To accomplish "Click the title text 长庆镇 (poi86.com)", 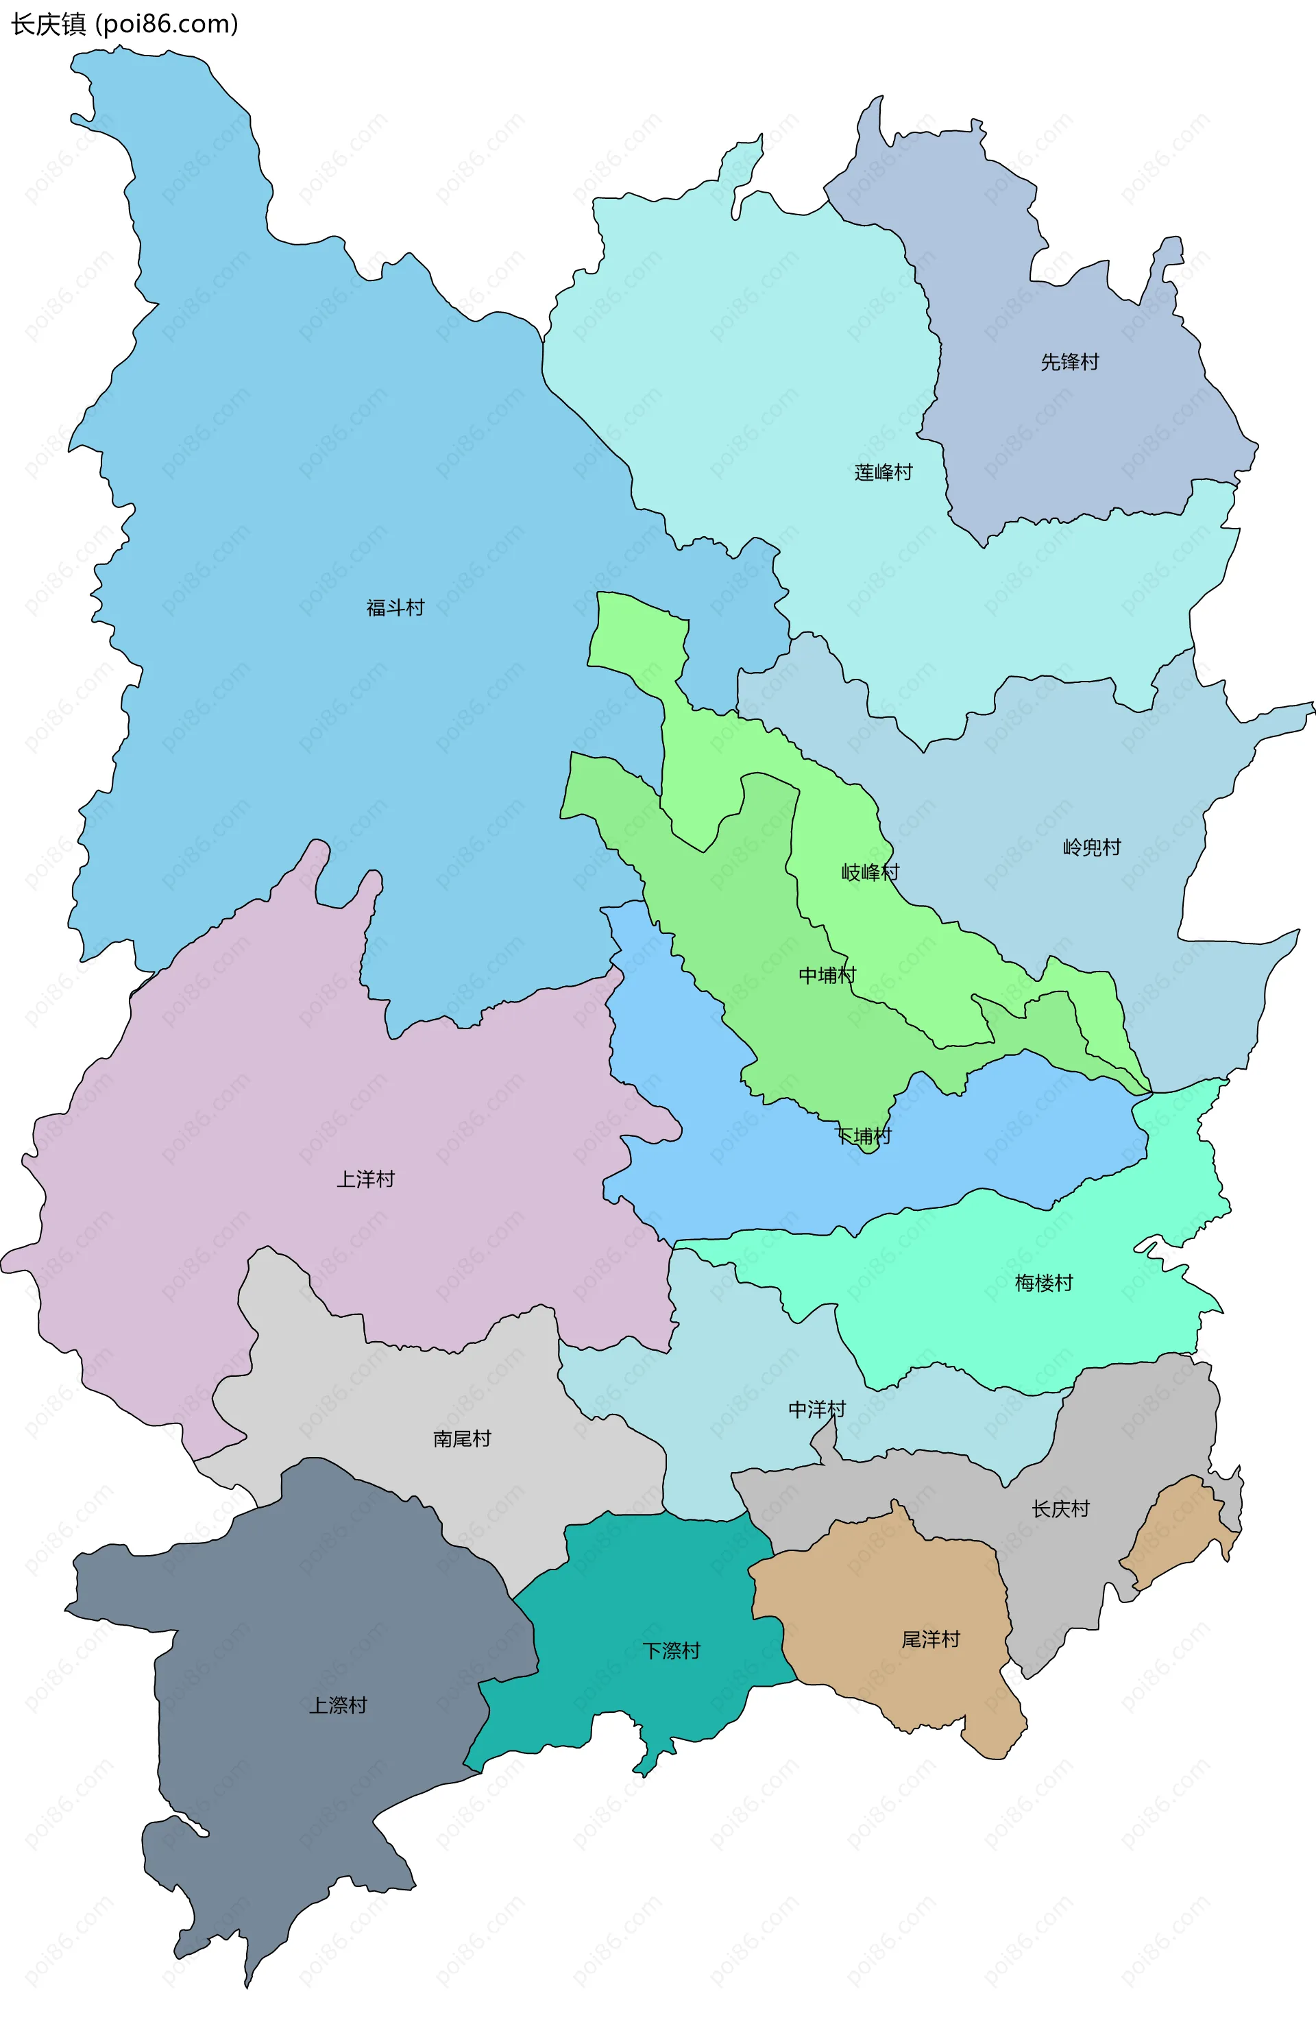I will (x=124, y=24).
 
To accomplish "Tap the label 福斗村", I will (x=395, y=608).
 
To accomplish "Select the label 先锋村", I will (x=1069, y=362).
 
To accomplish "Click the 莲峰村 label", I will (x=883, y=472).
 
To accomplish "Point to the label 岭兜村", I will (x=1091, y=847).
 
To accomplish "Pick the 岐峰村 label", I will (x=870, y=872).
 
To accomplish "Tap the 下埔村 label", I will (x=862, y=1136).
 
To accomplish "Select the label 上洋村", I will (x=365, y=1179).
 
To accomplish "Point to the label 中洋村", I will (x=816, y=1410).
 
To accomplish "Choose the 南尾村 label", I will (x=462, y=1439).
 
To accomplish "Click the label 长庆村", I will (x=1060, y=1509).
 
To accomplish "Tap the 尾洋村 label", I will (x=931, y=1639).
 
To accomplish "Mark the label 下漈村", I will (x=671, y=1650).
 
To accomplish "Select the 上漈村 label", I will (x=337, y=1705).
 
